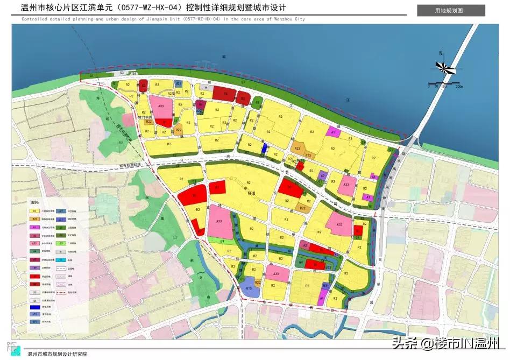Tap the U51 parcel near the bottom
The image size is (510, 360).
point(326,285)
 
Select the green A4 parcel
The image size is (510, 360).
point(300,262)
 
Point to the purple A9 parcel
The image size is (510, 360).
point(323,175)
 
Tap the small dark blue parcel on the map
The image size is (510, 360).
point(264,148)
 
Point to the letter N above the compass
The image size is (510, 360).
point(440,53)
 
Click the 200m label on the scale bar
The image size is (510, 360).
point(458,86)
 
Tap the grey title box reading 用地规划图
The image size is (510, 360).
point(451,11)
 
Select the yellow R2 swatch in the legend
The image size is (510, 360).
point(34,211)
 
